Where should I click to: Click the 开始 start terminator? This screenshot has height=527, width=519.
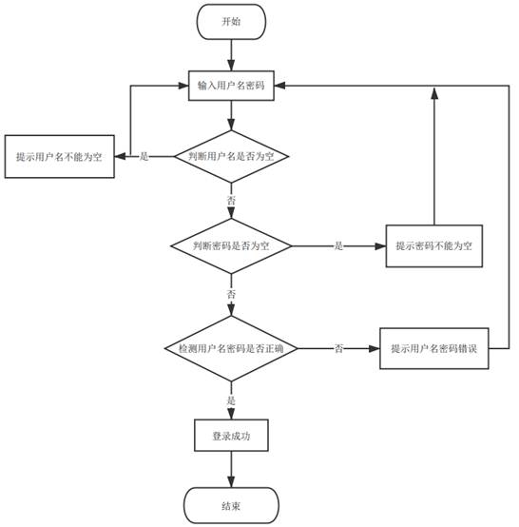tap(231, 21)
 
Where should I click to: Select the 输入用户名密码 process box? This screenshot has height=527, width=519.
tap(231, 86)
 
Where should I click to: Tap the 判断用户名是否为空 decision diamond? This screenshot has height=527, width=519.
tap(231, 156)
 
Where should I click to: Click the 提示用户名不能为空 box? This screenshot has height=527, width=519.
tap(59, 156)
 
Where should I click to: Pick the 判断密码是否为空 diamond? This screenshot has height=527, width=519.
tap(231, 245)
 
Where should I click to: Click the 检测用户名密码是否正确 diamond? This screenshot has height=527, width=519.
tap(231, 349)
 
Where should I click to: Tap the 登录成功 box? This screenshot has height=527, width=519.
tap(231, 436)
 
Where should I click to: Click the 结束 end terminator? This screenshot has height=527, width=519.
tap(231, 505)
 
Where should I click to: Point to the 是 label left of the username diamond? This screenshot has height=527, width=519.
tap(144, 156)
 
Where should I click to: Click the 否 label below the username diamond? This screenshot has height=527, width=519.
tap(231, 202)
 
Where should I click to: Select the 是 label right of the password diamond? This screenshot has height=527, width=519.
tap(338, 245)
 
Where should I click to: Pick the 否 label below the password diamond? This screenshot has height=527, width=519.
tap(231, 296)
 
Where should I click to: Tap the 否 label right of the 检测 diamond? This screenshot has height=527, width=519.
tap(338, 349)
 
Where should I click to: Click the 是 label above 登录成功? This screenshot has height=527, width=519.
tap(231, 400)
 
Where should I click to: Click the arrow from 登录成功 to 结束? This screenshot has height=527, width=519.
tap(231, 470)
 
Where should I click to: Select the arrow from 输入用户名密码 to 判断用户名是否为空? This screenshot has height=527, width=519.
tap(231, 114)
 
